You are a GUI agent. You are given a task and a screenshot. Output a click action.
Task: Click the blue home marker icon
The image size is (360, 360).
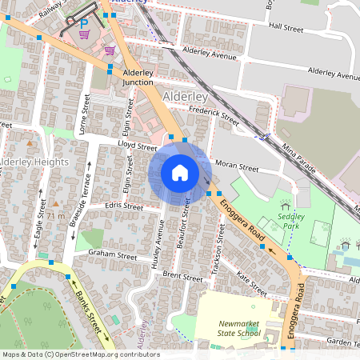coord(180,173)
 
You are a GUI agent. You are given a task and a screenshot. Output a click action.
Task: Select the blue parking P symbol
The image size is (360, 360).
coord(84,25)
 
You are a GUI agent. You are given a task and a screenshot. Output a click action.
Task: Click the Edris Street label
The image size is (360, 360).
coord(123,207)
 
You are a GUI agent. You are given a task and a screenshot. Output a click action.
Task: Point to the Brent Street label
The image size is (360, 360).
coord(183,277)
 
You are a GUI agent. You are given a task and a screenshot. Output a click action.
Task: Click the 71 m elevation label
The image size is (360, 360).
coord(55,217)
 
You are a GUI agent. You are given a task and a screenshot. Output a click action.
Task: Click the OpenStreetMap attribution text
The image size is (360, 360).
coord(81,354)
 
